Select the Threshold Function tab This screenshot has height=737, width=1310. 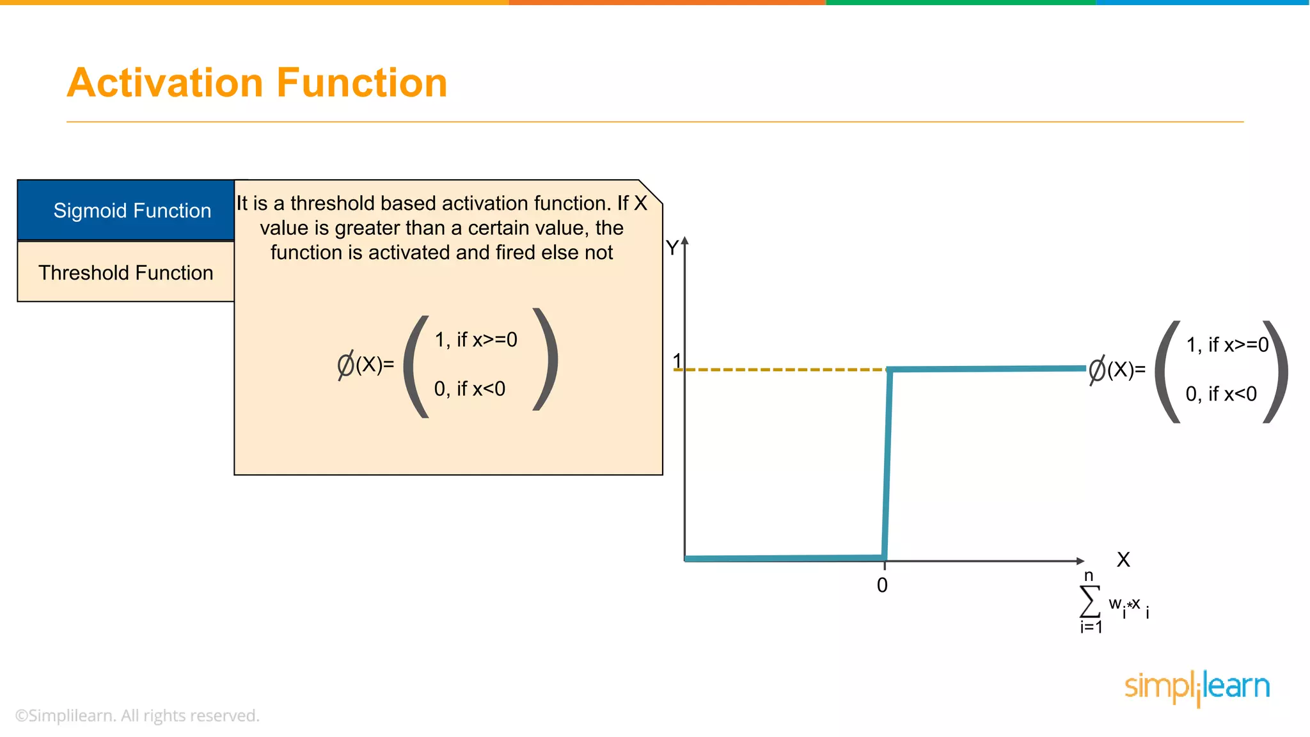click(126, 273)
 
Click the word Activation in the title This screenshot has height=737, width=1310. click(165, 83)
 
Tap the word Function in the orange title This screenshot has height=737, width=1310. click(362, 83)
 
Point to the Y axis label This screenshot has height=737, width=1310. click(672, 248)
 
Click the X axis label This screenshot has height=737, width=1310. click(1123, 560)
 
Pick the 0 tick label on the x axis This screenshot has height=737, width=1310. click(882, 585)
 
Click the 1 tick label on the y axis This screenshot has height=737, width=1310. click(677, 361)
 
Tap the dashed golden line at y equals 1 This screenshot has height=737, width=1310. click(780, 370)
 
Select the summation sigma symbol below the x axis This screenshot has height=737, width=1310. click(1089, 601)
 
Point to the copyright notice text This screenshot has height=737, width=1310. click(138, 715)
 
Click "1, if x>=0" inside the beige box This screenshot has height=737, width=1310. click(476, 340)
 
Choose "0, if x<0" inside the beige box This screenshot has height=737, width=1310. click(470, 389)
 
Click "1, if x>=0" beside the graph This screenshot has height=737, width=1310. click(1227, 345)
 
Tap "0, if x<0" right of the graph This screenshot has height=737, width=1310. click(1221, 394)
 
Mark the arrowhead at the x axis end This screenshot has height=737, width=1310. click(1080, 561)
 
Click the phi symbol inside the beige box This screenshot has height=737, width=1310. click(345, 365)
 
